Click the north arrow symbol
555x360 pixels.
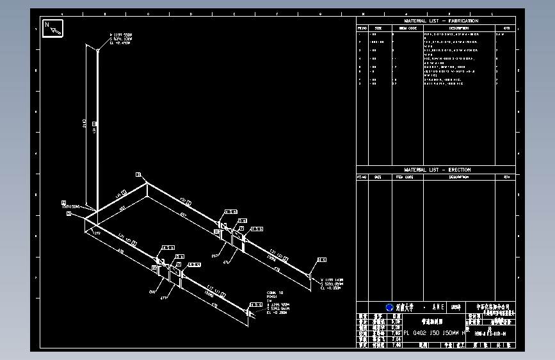[x=52, y=29]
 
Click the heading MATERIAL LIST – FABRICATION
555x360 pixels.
[x=441, y=21]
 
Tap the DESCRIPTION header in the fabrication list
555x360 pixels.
[x=458, y=28]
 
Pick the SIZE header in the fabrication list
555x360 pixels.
[x=378, y=28]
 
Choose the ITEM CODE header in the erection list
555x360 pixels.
[x=406, y=177]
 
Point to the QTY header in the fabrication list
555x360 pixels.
[x=506, y=28]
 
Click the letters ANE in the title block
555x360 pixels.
[x=438, y=307]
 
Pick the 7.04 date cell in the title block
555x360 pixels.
[x=396, y=338]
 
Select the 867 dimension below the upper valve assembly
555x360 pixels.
[x=215, y=255]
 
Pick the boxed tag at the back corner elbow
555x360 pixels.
[x=138, y=174]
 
